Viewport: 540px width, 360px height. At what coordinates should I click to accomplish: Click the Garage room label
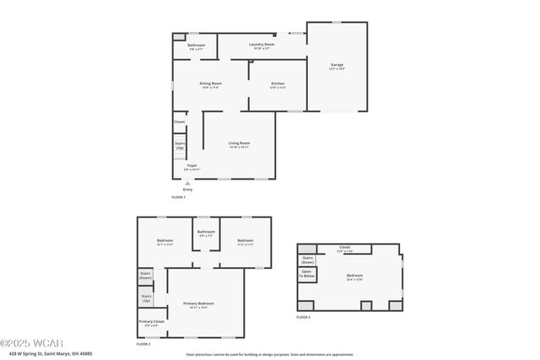(x=337, y=65)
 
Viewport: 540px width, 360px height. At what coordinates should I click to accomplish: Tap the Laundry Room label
(x=262, y=45)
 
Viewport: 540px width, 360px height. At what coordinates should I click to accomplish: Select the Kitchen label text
(x=277, y=83)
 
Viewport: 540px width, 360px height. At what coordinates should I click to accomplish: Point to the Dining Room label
(x=210, y=83)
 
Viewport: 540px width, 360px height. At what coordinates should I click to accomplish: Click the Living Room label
(x=239, y=143)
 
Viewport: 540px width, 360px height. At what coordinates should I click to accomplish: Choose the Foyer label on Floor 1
(x=192, y=166)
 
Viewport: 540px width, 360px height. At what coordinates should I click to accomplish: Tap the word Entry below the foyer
(x=187, y=189)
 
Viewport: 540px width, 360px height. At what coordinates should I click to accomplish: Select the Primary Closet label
(x=152, y=322)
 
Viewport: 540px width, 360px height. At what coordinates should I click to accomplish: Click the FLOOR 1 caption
(x=178, y=197)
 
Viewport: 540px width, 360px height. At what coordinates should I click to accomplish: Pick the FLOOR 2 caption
(x=143, y=344)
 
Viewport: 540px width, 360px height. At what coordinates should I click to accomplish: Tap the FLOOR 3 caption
(x=303, y=317)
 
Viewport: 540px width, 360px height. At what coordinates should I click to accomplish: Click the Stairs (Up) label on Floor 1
(x=179, y=146)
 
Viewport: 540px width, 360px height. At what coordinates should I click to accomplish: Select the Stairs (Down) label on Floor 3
(x=307, y=259)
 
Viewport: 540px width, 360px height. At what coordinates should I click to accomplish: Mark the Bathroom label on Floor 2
(x=206, y=233)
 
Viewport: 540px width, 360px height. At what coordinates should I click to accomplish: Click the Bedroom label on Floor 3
(x=354, y=276)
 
